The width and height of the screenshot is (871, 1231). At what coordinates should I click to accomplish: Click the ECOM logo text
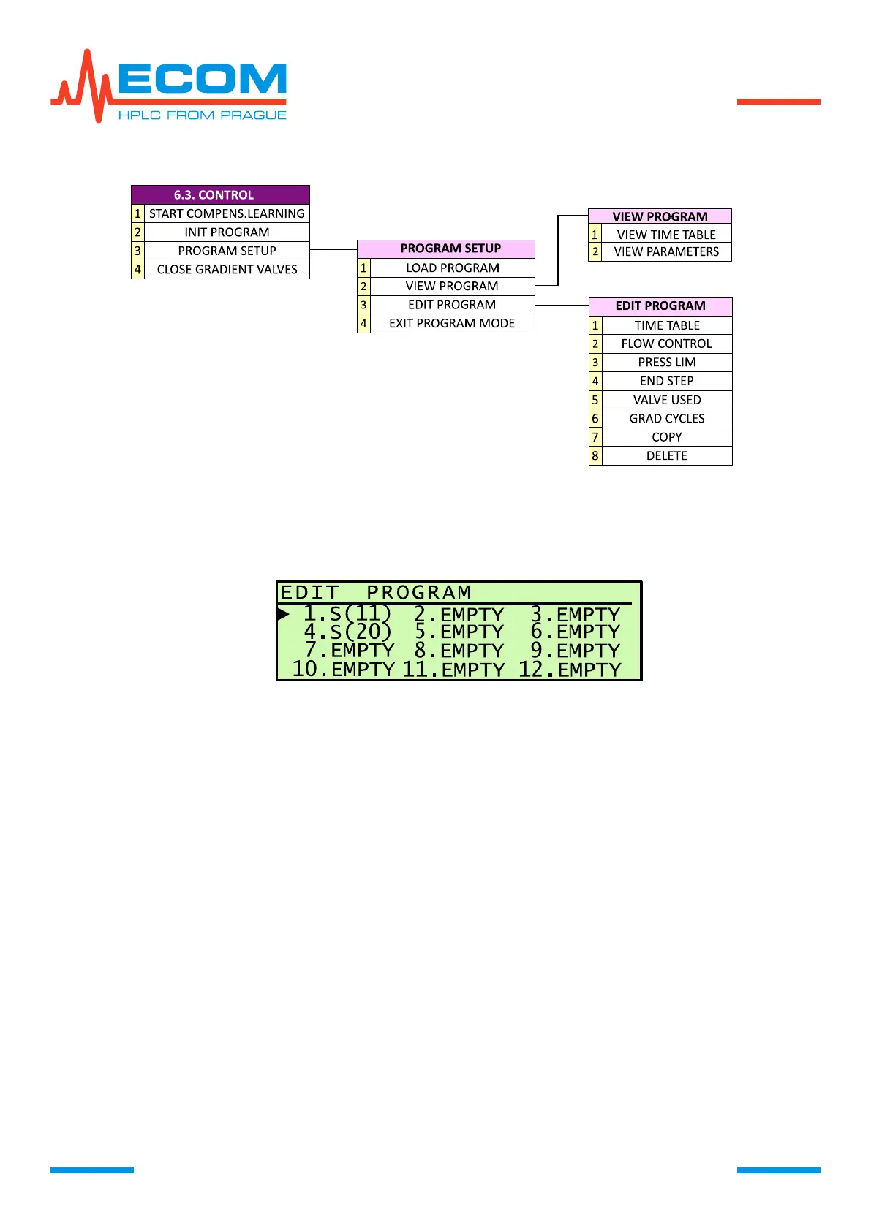(201, 79)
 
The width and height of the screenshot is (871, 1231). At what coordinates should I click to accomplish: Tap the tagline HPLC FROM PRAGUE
(202, 115)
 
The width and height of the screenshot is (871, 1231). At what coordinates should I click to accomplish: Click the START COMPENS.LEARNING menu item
(227, 213)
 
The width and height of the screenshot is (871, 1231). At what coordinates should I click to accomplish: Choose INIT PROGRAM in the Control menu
(227, 232)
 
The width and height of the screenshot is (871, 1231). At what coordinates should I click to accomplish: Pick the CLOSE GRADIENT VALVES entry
(227, 270)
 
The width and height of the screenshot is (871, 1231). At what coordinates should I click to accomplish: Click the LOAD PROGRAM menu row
(453, 268)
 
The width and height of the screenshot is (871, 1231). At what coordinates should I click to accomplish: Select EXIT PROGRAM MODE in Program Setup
(452, 324)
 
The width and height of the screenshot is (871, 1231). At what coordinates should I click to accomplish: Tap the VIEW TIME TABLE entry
(666, 235)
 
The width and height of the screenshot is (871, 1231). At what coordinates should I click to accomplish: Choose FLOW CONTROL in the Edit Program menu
(666, 344)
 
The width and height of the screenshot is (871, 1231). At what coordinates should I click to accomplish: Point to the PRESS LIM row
(666, 363)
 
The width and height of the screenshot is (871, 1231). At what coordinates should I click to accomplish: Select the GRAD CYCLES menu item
(666, 419)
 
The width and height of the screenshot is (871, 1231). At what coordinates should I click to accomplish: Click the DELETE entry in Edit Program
(666, 456)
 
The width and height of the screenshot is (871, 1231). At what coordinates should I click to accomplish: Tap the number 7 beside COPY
(595, 437)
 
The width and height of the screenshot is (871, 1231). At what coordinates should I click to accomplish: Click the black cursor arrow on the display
(283, 614)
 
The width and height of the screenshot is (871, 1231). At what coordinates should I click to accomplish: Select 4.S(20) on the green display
(347, 632)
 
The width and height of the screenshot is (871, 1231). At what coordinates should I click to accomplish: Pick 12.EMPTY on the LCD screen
(570, 669)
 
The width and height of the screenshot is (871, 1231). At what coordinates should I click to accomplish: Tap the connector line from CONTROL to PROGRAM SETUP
(333, 250)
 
